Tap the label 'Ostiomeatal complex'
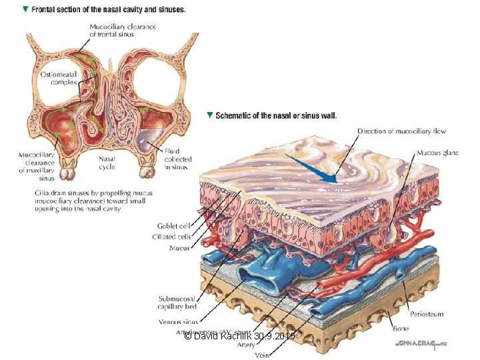tap(59, 78)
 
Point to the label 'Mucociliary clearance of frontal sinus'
tap(123, 31)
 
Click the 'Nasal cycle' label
tap(108, 163)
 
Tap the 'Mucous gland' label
tap(437, 153)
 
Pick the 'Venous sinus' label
tap(177, 321)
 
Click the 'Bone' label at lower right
tap(400, 328)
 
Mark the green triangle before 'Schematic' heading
tap(210, 115)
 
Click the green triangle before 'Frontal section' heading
tap(25, 10)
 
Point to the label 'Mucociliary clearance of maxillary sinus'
tap(37, 167)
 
